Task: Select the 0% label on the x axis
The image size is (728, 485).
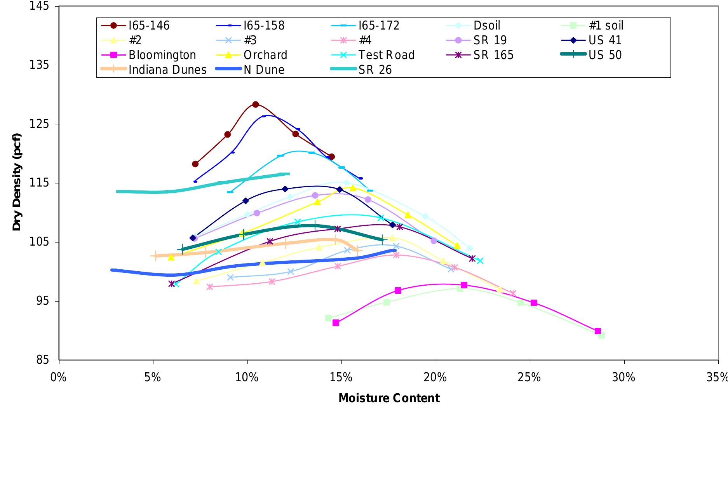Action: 59,377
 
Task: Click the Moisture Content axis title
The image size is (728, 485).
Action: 389,398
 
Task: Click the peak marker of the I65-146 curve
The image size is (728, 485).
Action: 256,105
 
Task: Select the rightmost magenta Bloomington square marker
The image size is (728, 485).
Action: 598,331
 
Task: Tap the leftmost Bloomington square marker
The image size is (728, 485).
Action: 336,323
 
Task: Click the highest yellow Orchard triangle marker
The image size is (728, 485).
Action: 353,188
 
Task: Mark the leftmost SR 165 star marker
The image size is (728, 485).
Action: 172,284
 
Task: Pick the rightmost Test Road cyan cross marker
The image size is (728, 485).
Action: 480,261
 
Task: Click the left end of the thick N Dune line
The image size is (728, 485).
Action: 112,270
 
